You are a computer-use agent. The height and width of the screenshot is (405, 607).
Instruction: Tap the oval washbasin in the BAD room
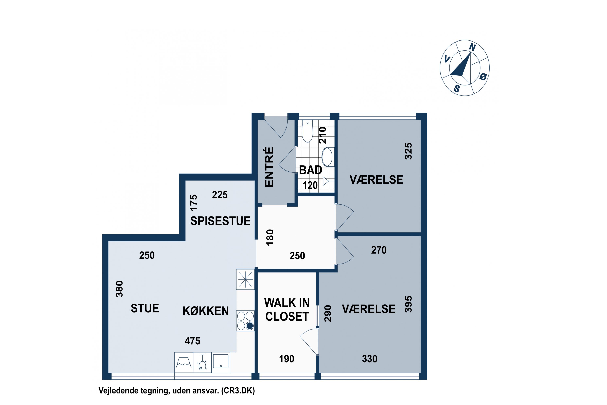point(327,157)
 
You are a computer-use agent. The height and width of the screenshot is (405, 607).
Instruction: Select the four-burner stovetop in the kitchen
point(245,321)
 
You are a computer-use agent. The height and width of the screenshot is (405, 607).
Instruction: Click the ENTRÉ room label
point(269,167)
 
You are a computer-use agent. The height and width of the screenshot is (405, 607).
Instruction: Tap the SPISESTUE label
point(220,221)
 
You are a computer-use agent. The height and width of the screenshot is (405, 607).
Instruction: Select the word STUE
point(145,308)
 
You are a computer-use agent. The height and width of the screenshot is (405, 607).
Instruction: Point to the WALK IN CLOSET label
point(287,309)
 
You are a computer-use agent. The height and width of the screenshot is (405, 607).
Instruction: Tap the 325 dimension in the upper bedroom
point(408,151)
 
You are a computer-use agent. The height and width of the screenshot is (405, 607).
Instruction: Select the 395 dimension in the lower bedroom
point(408,304)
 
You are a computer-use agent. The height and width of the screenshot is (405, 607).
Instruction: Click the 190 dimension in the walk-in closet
point(287,359)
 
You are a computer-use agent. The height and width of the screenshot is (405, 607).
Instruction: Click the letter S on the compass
point(457,89)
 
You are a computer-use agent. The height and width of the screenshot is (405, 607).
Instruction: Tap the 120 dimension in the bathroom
point(310,185)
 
